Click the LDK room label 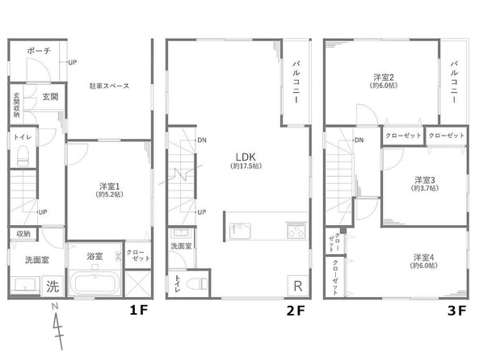coord(246,157)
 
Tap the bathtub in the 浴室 coord(96,283)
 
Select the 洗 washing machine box coord(53,286)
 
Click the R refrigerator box coord(298,286)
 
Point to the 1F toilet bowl coord(23,155)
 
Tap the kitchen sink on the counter coord(240,231)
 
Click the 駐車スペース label coord(109,86)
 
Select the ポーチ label coord(39,50)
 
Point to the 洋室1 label coord(109,186)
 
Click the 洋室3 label coord(425,180)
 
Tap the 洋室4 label coord(424,257)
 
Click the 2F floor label coord(296,311)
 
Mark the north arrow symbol coord(57,325)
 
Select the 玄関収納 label coord(16,105)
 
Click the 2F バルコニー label coord(296,82)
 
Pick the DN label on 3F coord(359,140)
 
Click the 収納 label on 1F coord(23,234)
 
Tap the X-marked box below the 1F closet coord(138,283)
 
